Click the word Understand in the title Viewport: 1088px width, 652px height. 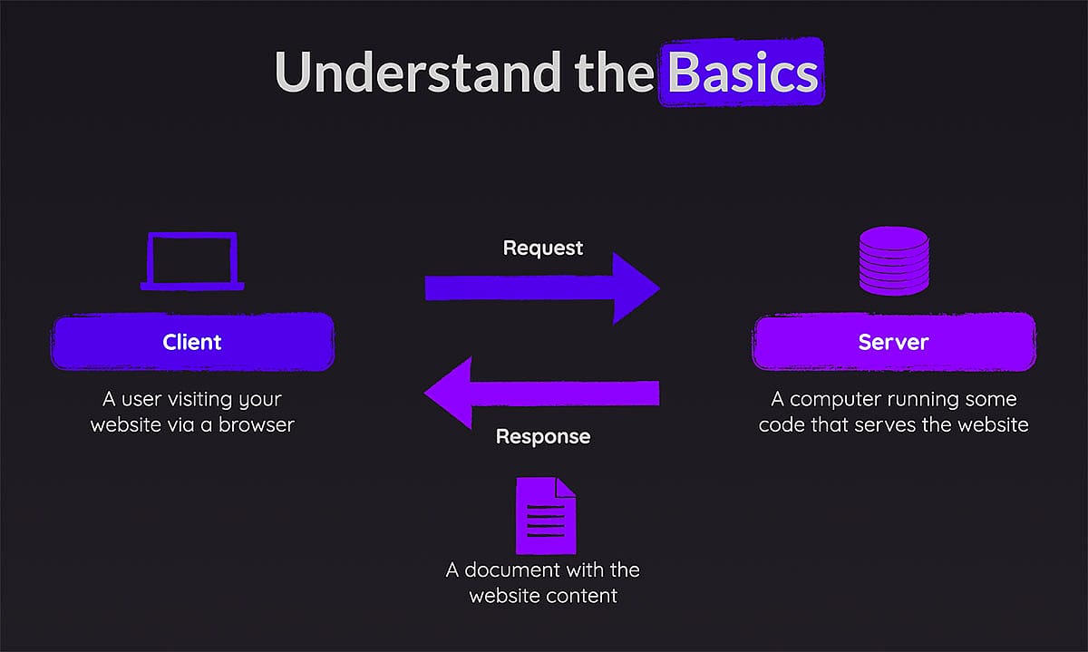coord(417,73)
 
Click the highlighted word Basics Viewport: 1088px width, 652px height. coord(742,73)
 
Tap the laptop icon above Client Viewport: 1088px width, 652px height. coord(192,261)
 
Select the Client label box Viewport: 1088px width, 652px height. coord(192,342)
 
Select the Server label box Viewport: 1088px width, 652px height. coord(893,342)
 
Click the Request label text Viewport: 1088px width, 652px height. coord(543,248)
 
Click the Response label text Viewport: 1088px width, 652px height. coord(543,437)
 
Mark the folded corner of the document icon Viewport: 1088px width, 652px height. coord(566,488)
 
